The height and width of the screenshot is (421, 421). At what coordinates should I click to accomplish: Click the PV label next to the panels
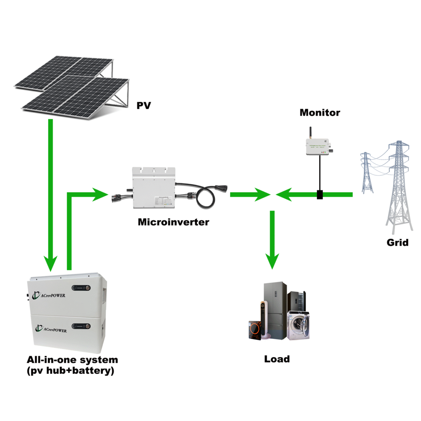tap(143, 106)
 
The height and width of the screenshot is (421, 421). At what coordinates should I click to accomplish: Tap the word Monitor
tap(320, 112)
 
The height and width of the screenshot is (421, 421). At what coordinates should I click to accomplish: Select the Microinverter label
tap(173, 222)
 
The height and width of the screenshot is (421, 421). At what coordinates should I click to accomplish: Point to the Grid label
tap(398, 242)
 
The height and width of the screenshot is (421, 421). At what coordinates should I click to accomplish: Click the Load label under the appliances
tap(277, 359)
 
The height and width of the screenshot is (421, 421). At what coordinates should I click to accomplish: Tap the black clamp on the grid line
tap(319, 194)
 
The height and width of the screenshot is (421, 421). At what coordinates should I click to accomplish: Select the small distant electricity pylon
tap(366, 171)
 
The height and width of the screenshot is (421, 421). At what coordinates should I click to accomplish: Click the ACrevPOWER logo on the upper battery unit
tap(53, 295)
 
